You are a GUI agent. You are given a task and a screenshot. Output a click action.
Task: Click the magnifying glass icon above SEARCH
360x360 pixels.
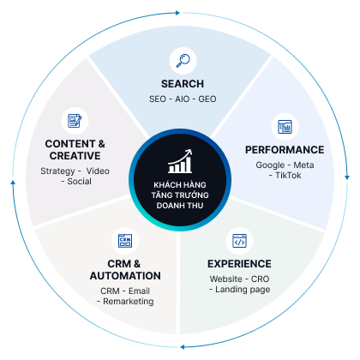coord(183,61)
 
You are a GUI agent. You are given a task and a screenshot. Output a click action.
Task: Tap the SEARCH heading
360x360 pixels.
coord(183,84)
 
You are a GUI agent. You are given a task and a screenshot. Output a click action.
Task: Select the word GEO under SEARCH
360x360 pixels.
coord(207,99)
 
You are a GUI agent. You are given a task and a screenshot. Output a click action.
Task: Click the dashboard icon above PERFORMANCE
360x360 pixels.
coord(285,127)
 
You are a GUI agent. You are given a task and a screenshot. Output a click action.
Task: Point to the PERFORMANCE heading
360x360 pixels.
coord(285,150)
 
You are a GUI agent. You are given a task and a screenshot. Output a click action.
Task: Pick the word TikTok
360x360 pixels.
coord(288,175)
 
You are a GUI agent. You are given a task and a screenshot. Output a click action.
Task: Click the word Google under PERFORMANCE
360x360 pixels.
coord(270,165)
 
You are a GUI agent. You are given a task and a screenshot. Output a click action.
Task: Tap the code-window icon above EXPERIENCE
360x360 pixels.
coord(239,241)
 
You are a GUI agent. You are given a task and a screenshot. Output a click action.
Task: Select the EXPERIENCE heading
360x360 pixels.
coord(239,264)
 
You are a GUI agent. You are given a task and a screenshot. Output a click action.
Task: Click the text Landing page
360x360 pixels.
coord(243,290)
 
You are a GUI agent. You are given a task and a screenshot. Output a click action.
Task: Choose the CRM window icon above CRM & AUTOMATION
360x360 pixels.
coord(125,241)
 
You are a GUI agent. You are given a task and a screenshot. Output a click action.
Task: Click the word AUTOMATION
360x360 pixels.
coord(125,276)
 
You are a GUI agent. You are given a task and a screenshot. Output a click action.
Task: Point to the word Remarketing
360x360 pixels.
coord(129,302)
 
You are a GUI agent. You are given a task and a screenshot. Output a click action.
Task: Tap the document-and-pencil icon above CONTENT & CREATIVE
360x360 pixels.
coord(75,121)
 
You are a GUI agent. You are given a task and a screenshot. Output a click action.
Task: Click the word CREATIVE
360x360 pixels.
coord(75,156)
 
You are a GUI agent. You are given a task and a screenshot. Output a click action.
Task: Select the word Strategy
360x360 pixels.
coord(57,171)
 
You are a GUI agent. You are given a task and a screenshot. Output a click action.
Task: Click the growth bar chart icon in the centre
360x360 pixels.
coord(180,161)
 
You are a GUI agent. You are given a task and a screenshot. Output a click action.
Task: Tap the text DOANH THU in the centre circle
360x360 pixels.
coord(180,206)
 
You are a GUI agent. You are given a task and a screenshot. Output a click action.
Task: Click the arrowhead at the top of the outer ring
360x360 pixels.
coord(177,13)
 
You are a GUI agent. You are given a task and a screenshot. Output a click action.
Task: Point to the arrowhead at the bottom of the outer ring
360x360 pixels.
coord(183,347)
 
